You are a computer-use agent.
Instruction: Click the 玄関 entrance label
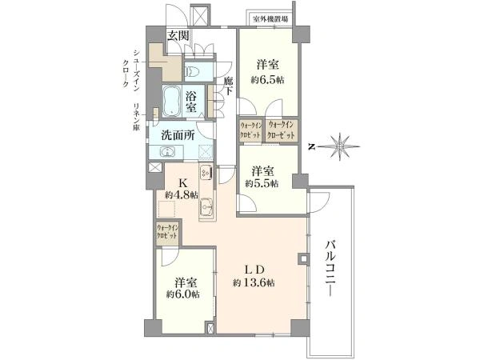178,35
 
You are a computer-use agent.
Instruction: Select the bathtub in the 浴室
170,101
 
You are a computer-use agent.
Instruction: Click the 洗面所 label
178,136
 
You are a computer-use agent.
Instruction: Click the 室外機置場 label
271,19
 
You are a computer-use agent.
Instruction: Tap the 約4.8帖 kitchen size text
181,195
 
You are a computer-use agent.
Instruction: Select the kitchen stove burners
205,172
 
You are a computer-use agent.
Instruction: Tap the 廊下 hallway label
228,86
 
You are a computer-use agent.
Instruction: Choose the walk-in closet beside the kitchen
167,234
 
